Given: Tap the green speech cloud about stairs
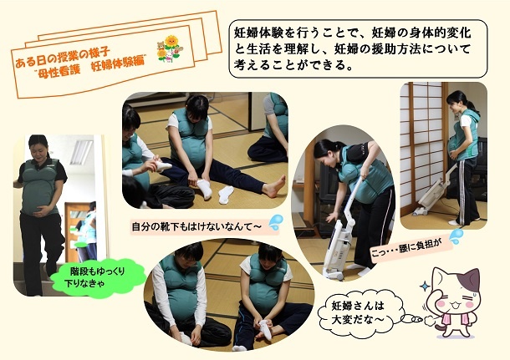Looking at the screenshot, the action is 98,276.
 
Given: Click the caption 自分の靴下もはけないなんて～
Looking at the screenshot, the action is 196,226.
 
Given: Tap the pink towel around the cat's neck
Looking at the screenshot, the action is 455,319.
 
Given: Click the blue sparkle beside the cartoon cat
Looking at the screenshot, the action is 425,286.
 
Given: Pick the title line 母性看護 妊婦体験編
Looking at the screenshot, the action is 91,67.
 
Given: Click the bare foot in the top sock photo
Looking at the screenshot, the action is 274,186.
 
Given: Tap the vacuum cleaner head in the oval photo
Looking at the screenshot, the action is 334,271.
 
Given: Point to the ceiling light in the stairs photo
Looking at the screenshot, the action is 81,152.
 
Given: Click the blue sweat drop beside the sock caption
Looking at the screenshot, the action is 276,222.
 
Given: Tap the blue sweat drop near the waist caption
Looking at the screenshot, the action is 456,236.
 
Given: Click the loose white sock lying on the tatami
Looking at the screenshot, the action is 226,195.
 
